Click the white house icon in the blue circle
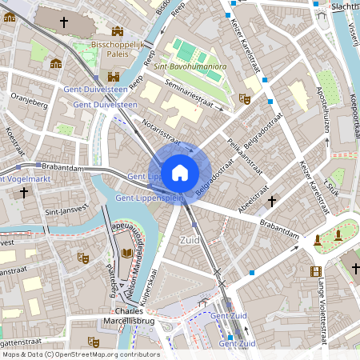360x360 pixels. click(180, 172)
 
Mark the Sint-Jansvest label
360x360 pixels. click(63, 213)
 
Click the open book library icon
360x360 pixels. click(126, 254)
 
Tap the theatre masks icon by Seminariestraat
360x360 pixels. click(245, 98)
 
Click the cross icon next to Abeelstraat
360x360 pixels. click(272, 201)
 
